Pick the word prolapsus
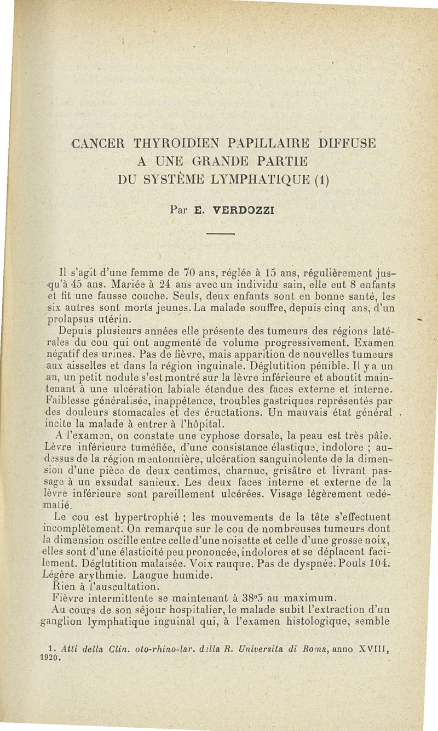[x=70, y=319]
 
